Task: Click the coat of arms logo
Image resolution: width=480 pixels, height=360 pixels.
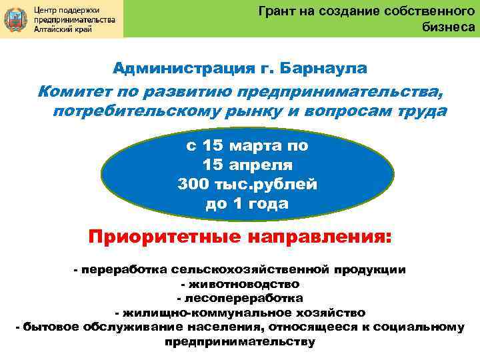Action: (x=15, y=19)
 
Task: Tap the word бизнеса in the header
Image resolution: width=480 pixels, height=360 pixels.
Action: (x=449, y=27)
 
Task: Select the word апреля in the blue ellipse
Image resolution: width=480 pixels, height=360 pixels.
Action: (x=259, y=164)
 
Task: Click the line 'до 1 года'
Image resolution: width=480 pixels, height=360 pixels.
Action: (x=247, y=203)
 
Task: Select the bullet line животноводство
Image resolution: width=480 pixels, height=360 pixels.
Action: (x=240, y=284)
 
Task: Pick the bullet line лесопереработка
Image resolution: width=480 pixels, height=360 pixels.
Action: (x=240, y=298)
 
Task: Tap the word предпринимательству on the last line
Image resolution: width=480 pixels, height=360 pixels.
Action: (x=240, y=341)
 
